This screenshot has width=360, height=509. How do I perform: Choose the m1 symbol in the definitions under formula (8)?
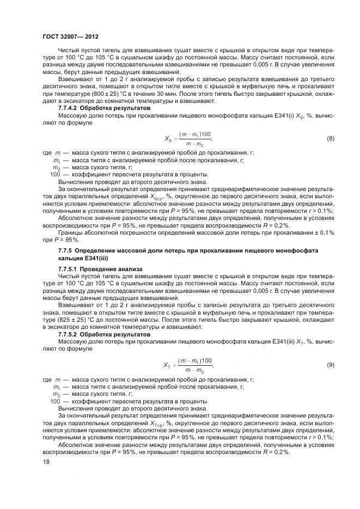[x=57, y=161]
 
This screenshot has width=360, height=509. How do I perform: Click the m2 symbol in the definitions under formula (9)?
[x=56, y=394]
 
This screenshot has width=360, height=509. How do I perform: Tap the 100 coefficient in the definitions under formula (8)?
[x=55, y=175]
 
